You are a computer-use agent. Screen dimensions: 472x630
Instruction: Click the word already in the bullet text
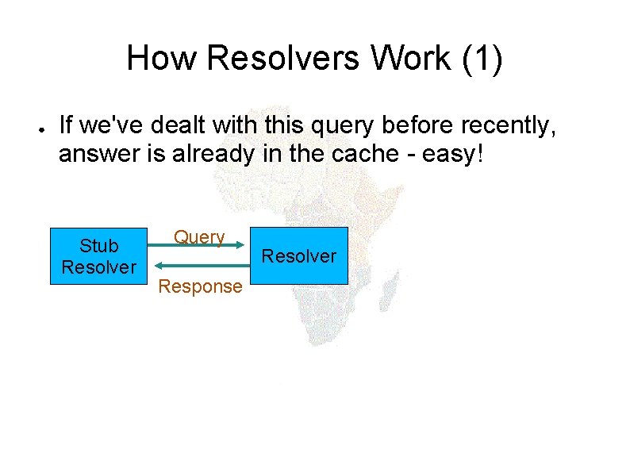click(215, 154)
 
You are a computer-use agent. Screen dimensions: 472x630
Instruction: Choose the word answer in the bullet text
click(98, 154)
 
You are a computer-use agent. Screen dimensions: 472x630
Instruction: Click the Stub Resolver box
click(98, 256)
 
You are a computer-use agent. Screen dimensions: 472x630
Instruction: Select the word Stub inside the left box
click(98, 246)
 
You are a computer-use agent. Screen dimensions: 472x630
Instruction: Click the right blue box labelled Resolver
click(299, 256)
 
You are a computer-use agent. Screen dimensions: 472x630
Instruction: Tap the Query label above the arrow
click(199, 236)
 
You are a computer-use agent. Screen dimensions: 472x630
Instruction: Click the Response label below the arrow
click(200, 286)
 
